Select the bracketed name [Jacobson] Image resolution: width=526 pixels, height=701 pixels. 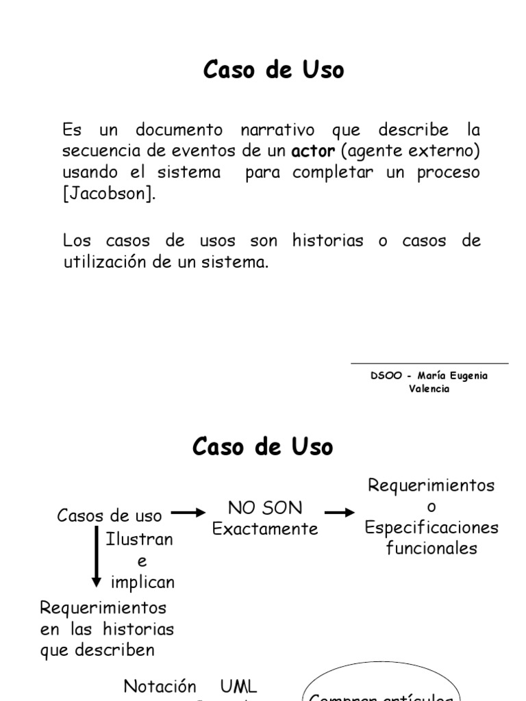click(110, 193)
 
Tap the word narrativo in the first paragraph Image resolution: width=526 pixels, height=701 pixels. click(277, 129)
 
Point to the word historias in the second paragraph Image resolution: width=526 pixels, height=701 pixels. click(327, 241)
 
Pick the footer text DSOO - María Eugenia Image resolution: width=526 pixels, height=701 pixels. click(429, 376)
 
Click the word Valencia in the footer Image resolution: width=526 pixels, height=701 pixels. click(429, 389)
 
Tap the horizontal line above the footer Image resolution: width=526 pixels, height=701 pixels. click(429, 364)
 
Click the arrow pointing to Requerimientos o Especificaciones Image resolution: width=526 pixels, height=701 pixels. click(340, 512)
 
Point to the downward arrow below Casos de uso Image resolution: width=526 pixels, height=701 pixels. click(97, 557)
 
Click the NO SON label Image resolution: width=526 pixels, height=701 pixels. click(265, 508)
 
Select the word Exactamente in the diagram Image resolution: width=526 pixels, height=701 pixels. click(265, 529)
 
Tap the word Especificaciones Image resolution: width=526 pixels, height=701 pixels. click(431, 528)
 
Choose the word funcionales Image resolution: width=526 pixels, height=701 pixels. click(431, 548)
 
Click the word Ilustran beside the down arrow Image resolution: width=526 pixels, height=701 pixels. click(140, 539)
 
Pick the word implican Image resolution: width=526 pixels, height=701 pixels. click(142, 583)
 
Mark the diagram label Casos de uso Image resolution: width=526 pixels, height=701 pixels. click(110, 515)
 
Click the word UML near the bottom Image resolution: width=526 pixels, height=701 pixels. click(239, 686)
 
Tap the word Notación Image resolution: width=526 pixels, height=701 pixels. click(160, 686)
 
